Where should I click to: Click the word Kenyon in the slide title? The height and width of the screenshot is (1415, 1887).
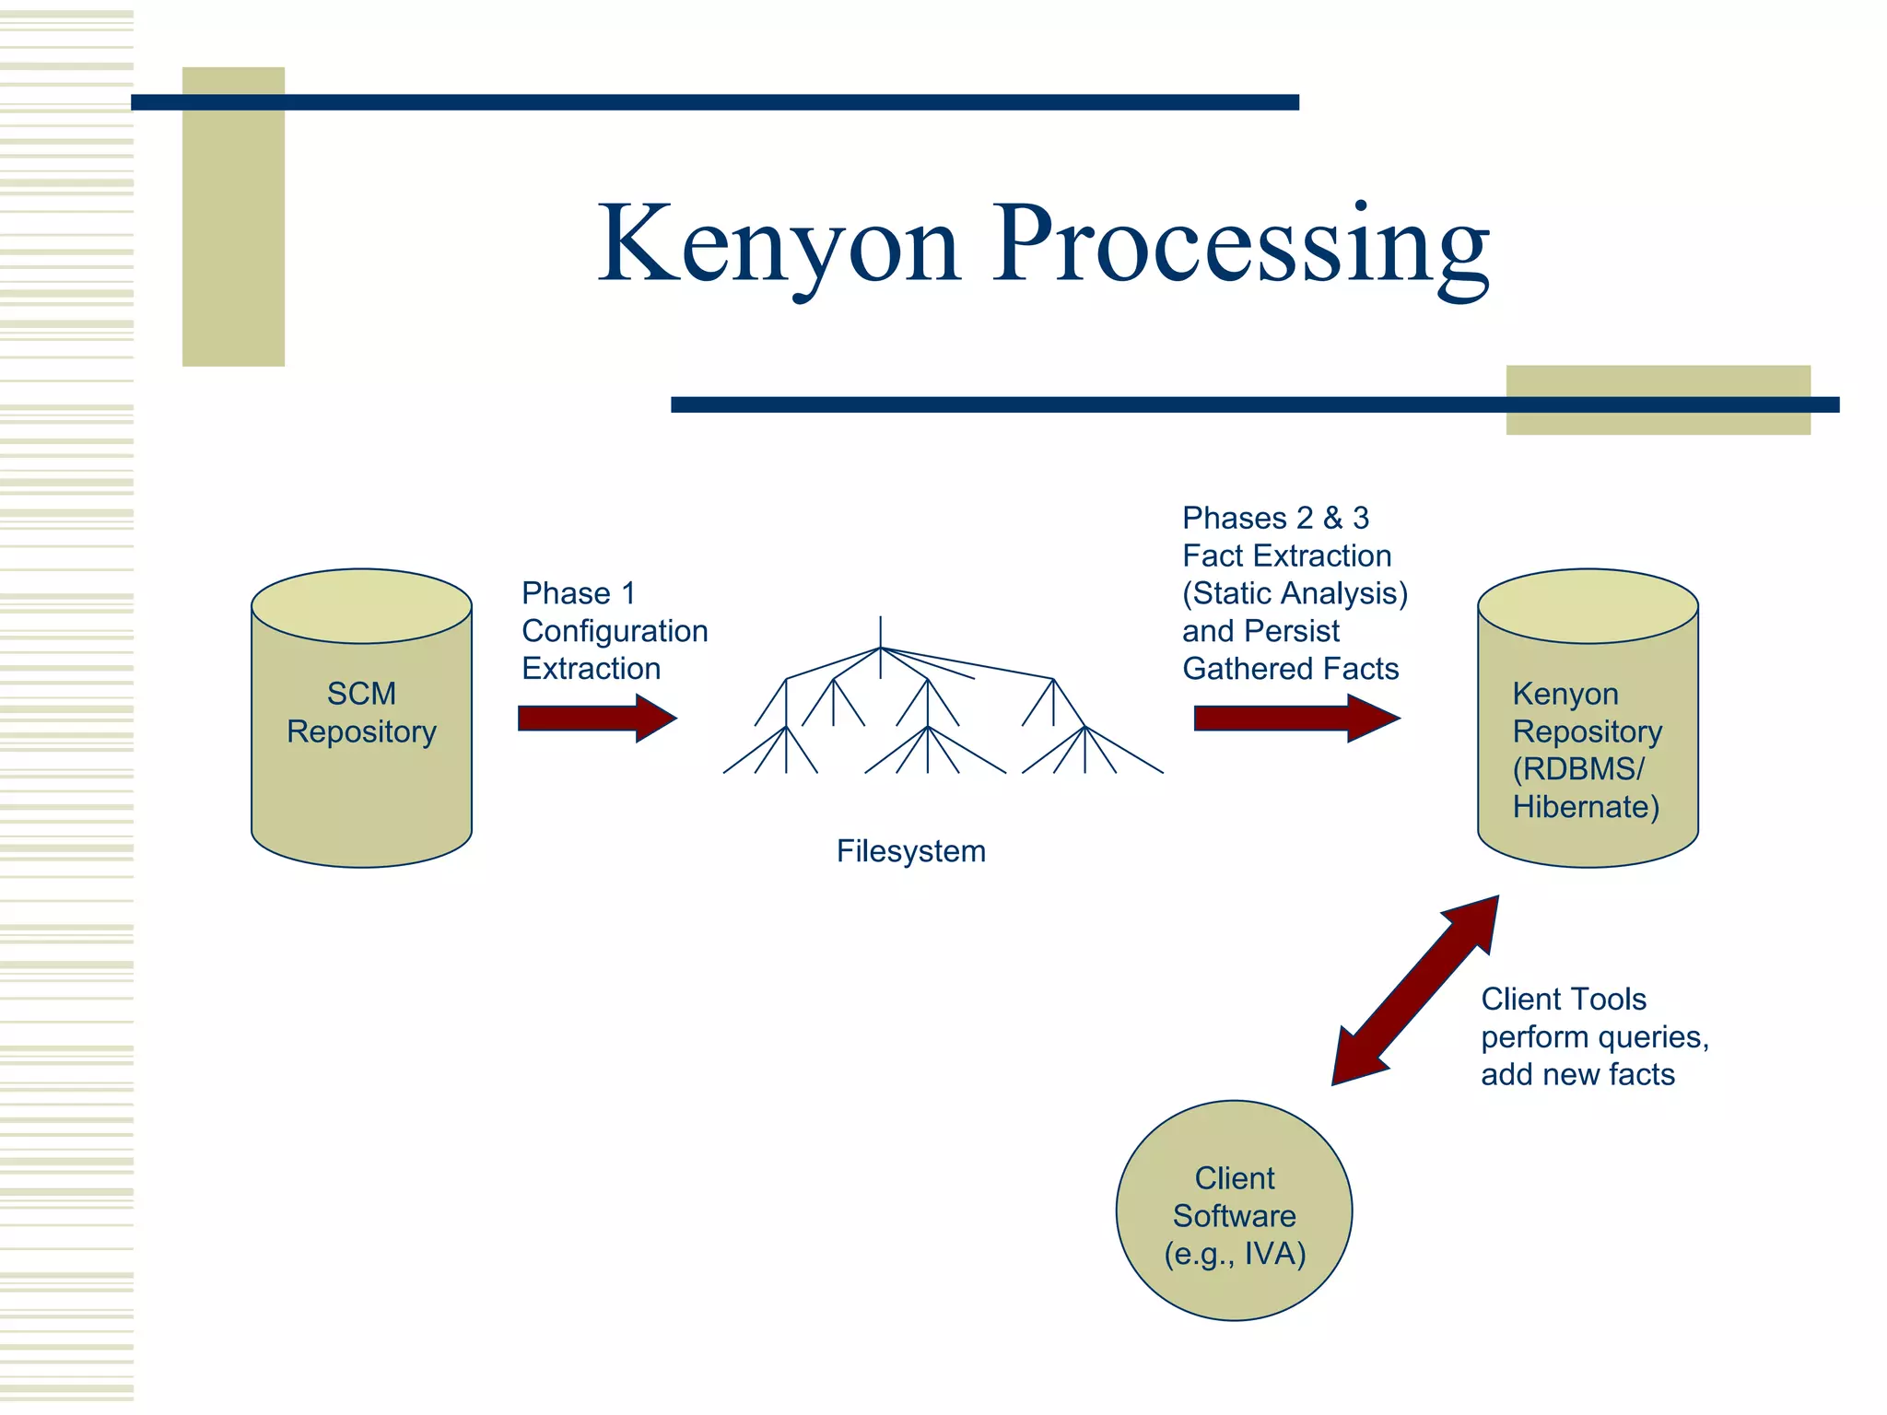[x=779, y=244]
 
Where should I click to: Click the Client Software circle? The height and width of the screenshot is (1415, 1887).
[x=1234, y=1152]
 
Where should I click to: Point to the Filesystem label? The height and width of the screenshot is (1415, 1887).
[x=910, y=851]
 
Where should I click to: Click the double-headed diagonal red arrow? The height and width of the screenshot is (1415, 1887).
[x=1415, y=990]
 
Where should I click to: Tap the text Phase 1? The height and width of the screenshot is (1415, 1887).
[x=578, y=593]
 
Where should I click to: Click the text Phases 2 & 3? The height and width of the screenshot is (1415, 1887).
[x=1275, y=518]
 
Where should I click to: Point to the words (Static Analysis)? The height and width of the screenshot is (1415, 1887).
[x=1295, y=593]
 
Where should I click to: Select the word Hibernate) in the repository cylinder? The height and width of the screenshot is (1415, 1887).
[x=1585, y=807]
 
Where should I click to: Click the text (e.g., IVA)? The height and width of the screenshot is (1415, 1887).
[x=1235, y=1254]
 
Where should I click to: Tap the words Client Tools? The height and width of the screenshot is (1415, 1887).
[x=1563, y=999]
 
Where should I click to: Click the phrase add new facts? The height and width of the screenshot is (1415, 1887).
[x=1577, y=1074]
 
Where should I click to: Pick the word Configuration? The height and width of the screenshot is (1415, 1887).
[x=615, y=631]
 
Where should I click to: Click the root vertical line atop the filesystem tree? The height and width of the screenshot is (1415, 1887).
[x=881, y=632]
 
